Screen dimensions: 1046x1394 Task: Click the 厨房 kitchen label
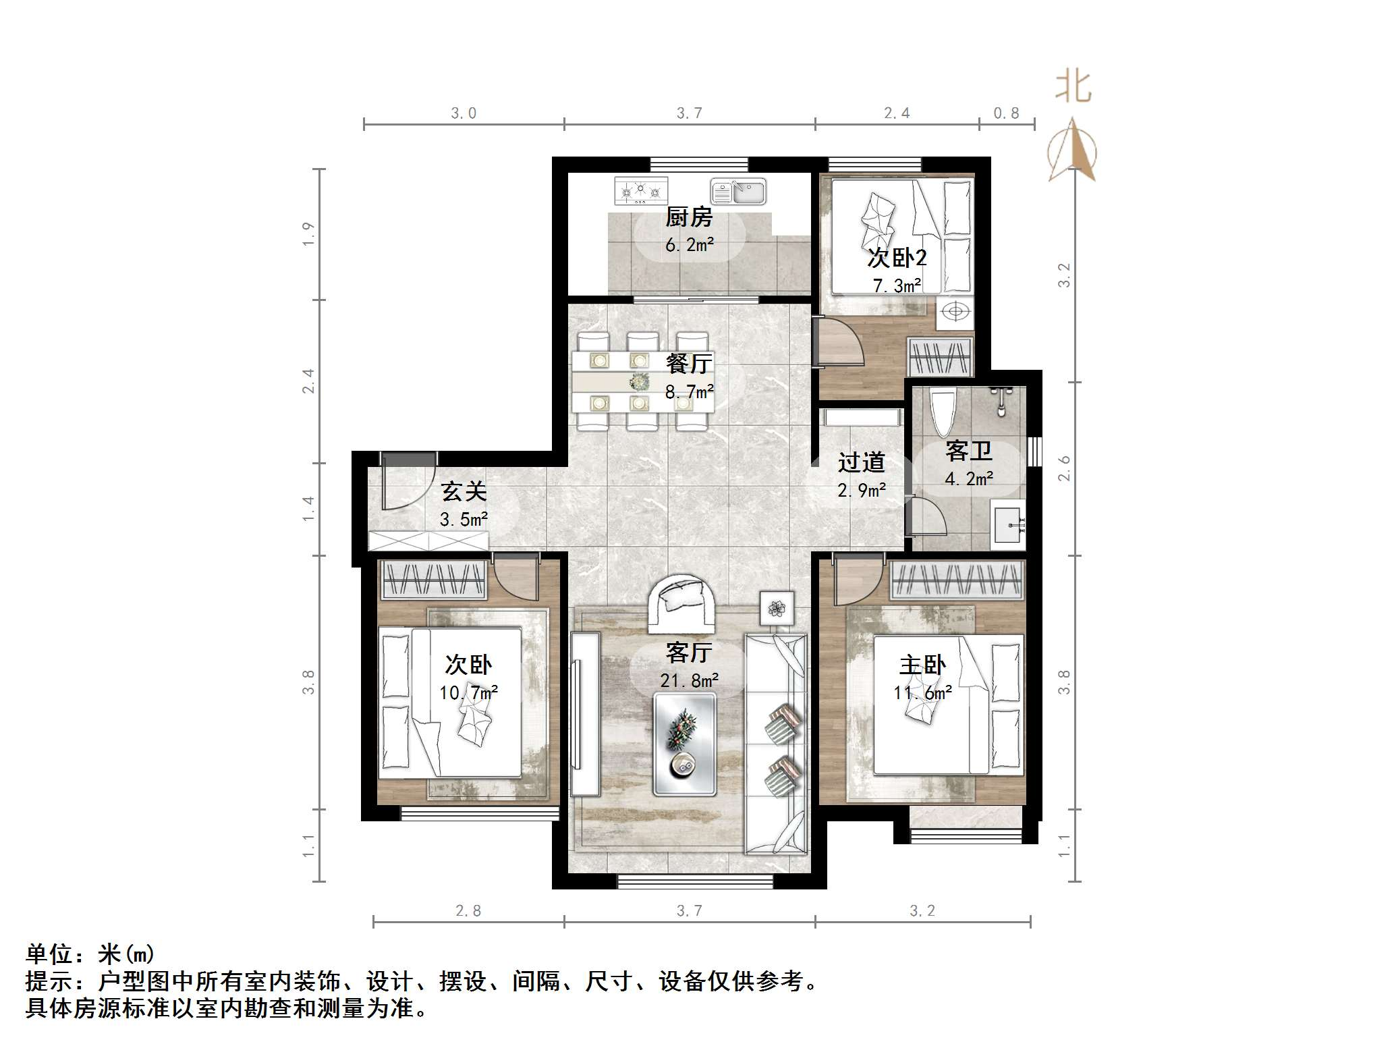(688, 217)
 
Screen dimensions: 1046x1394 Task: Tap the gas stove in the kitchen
(640, 191)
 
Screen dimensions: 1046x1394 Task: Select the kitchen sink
(738, 191)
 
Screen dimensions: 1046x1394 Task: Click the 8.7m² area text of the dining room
(689, 392)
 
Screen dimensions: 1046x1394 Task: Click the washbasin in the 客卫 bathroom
(1008, 524)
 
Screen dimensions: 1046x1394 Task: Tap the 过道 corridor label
(861, 463)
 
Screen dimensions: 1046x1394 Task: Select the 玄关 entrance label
(464, 492)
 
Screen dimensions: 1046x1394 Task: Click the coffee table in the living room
(684, 744)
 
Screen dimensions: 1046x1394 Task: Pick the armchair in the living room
(682, 603)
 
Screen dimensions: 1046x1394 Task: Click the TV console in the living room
(584, 713)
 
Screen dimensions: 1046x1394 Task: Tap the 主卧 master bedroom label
(922, 665)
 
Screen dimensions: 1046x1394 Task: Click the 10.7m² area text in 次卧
(468, 693)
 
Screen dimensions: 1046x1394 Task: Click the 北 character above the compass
(1073, 88)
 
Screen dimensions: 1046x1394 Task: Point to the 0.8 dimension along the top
(1005, 113)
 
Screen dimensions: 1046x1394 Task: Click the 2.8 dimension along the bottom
(468, 911)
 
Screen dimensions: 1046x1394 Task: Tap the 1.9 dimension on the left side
(308, 233)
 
